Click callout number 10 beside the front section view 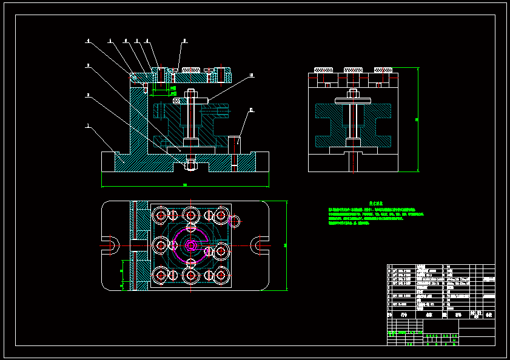tap(251, 76)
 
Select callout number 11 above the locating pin tap(251, 111)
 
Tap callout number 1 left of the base tap(89, 126)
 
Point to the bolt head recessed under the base tap(190, 163)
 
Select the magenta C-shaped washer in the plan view tap(190, 244)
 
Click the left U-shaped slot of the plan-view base tap(110, 244)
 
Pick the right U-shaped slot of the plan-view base tap(261, 244)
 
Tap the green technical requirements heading tap(375, 204)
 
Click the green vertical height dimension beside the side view tap(417, 120)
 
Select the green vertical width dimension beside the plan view tap(284, 245)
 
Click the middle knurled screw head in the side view tap(353, 70)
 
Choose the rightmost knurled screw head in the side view tap(383, 70)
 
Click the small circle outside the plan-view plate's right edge tap(235, 221)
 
